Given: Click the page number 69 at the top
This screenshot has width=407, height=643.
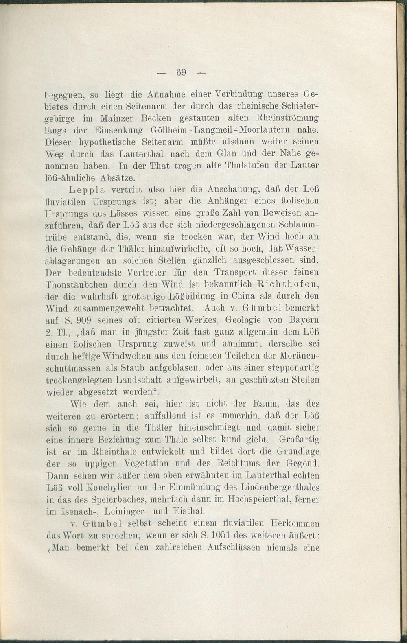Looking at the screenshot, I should (x=181, y=73).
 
